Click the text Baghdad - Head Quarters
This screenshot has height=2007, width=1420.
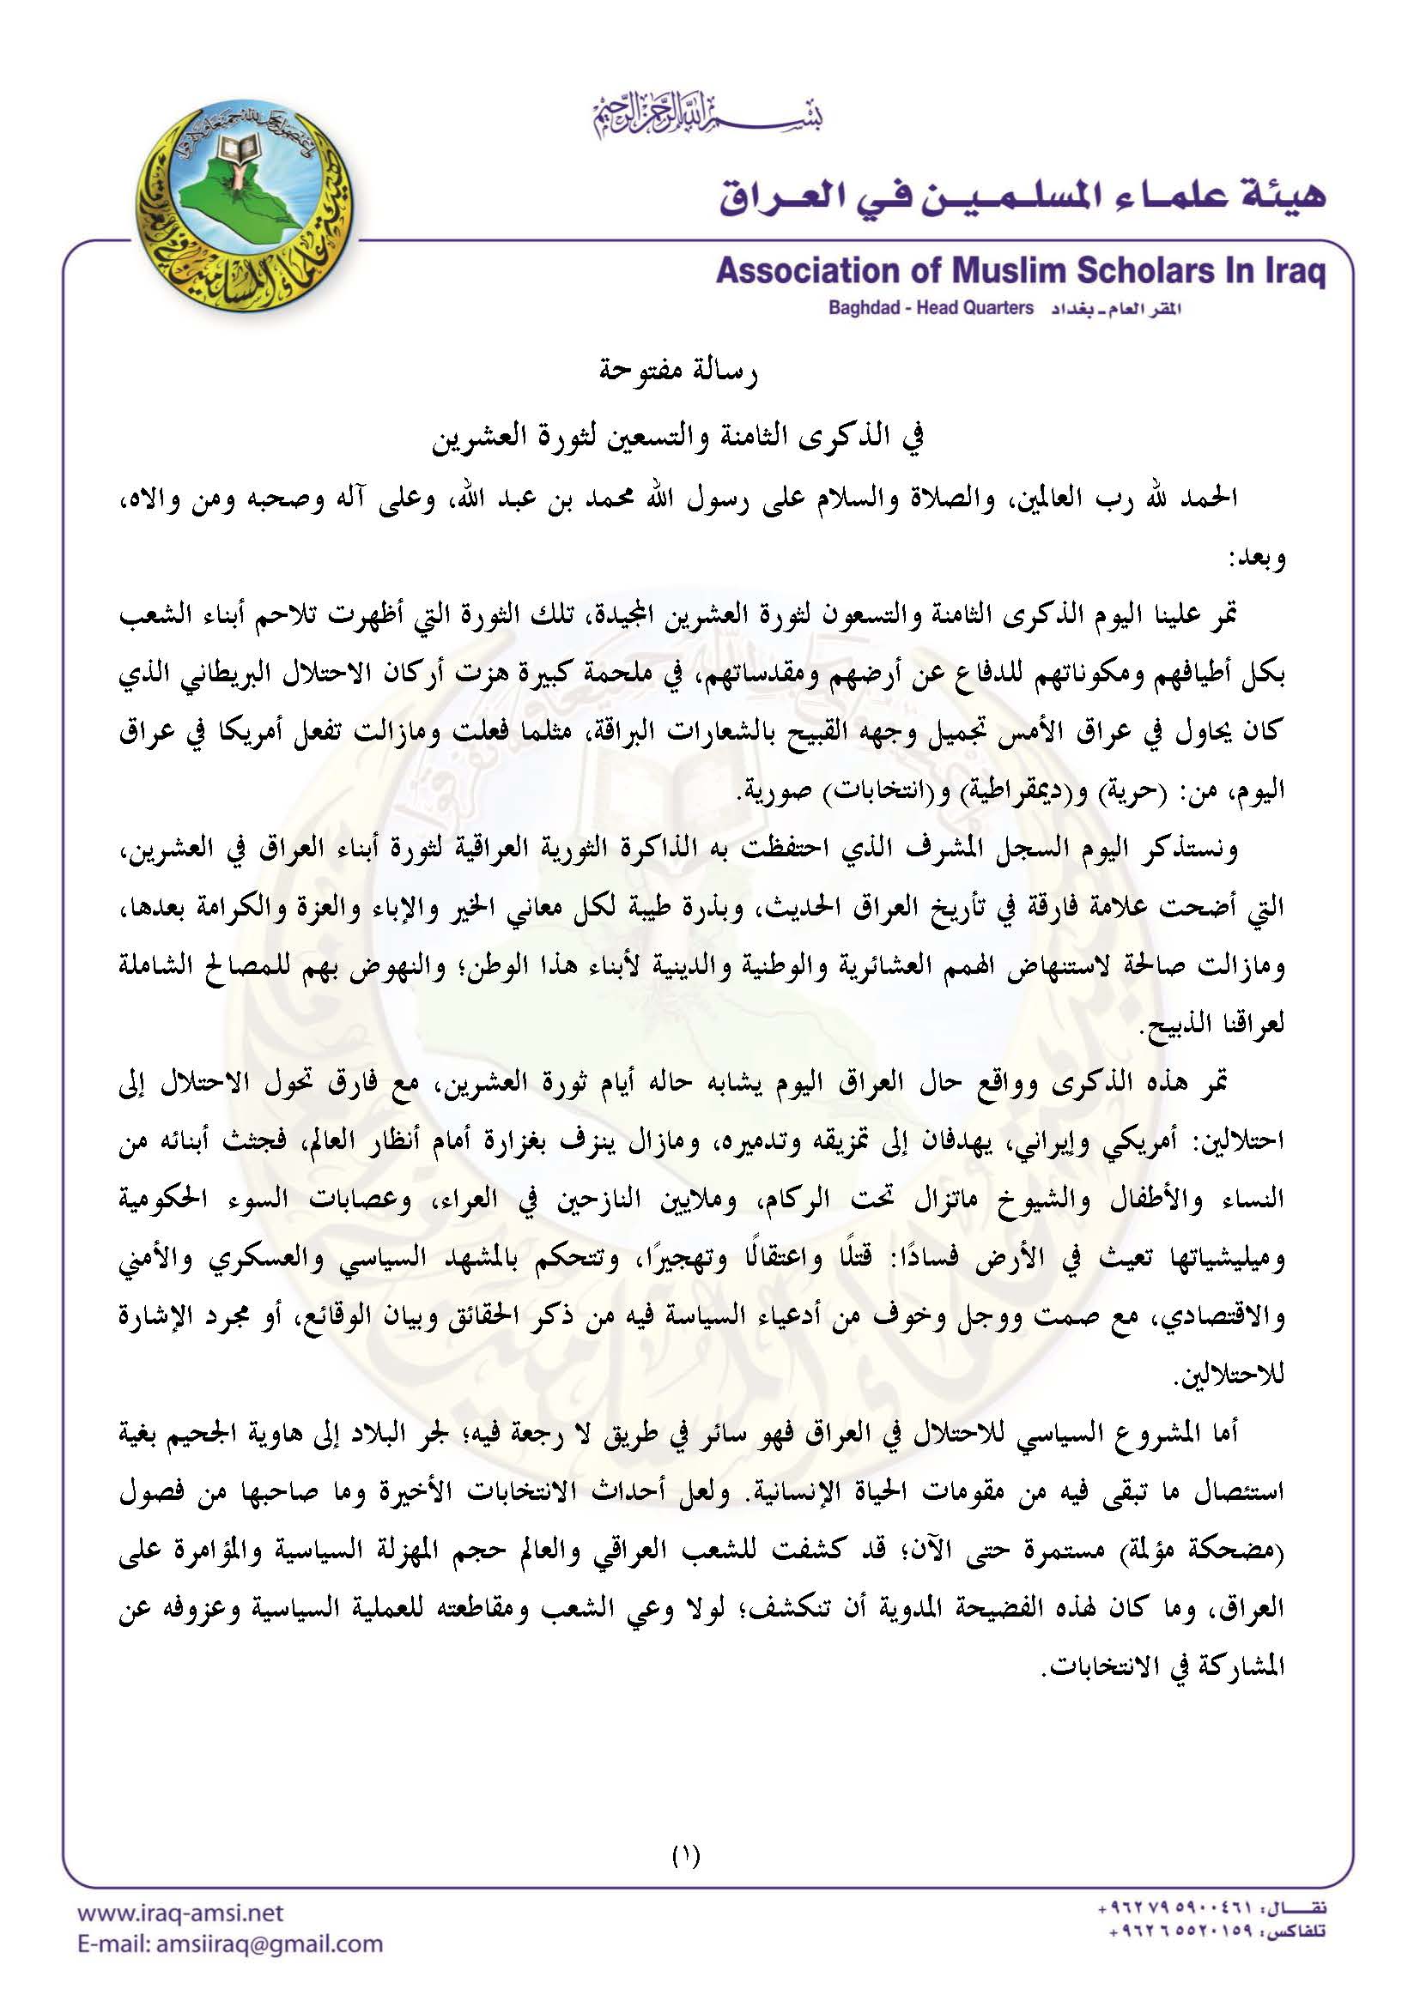tap(931, 309)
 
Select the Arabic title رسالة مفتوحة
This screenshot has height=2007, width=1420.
tap(679, 373)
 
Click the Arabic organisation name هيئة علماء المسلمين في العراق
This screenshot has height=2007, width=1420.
tap(1023, 197)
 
